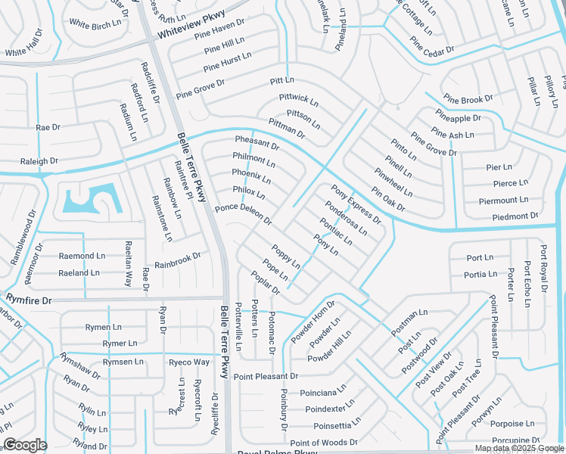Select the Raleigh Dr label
click(39, 161)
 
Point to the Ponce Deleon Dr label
click(243, 213)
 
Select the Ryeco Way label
click(188, 362)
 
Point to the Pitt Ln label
click(281, 80)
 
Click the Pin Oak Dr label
click(388, 199)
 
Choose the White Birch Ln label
click(95, 23)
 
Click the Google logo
click(25, 445)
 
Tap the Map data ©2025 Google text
click(518, 448)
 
